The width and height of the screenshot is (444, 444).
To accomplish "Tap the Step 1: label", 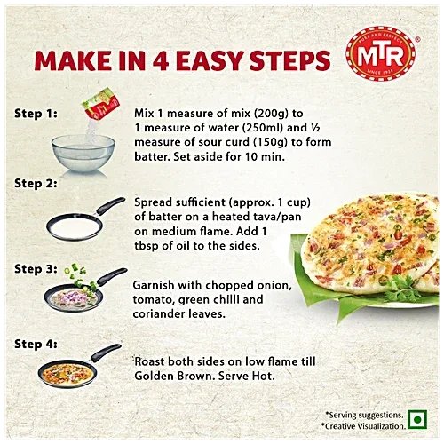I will coord(35,114).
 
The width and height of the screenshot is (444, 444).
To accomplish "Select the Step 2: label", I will coord(35,184).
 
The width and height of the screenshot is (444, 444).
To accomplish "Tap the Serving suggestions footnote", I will coord(364,415).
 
